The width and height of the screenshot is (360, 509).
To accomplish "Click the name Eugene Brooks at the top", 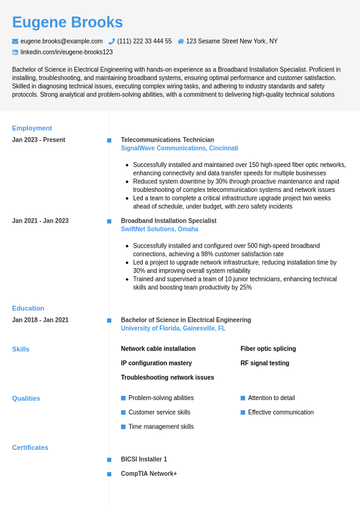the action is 67,22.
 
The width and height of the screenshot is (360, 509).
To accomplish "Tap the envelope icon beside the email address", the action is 15,41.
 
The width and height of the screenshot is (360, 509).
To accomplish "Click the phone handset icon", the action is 112,41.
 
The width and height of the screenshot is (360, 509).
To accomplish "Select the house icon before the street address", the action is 181,41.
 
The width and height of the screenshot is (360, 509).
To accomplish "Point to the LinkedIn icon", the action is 15,52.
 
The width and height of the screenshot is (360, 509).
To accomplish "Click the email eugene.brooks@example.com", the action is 61,41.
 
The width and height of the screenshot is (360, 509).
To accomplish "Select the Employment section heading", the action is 32,128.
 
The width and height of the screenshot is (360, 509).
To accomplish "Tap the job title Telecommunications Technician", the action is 167,140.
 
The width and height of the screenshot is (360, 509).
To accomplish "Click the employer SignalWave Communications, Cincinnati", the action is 179,148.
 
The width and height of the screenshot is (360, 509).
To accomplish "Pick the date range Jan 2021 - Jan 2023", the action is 40,221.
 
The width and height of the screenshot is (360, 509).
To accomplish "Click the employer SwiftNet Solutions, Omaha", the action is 159,229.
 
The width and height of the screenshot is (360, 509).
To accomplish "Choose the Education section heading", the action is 28,308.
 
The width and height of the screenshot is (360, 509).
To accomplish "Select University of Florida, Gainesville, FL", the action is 173,329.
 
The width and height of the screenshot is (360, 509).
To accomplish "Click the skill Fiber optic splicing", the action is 268,349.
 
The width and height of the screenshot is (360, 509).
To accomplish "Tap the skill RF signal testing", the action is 264,363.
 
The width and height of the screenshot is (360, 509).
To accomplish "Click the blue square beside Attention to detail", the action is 243,398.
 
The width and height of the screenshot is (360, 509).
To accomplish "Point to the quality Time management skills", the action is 161,427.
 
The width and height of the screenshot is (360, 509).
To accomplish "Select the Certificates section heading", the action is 30,448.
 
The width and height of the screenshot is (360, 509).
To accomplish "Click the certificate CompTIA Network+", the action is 149,474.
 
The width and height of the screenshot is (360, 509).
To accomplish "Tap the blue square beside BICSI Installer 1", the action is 110,460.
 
